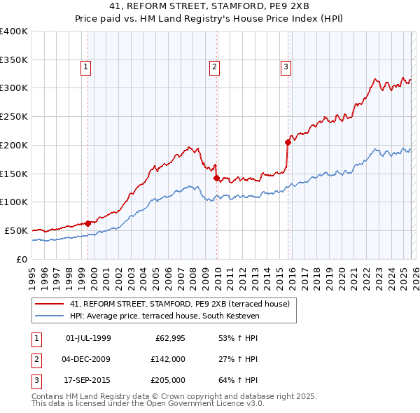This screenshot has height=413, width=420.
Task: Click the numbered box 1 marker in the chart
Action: pyautogui.click(x=85, y=67)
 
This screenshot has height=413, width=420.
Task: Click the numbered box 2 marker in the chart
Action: pyautogui.click(x=213, y=67)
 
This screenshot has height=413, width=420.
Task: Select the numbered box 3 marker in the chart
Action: pyautogui.click(x=286, y=67)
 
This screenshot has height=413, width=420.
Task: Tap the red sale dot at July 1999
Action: pyautogui.click(x=88, y=223)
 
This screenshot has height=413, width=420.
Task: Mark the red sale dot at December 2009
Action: pyautogui.click(x=217, y=178)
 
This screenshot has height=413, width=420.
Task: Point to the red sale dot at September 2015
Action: pyautogui.click(x=288, y=142)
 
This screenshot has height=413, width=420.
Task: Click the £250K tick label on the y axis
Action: pyautogui.click(x=14, y=117)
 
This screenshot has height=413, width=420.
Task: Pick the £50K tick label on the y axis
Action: pyautogui.click(x=17, y=230)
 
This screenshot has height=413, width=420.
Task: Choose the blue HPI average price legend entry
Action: pyautogui.click(x=164, y=316)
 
